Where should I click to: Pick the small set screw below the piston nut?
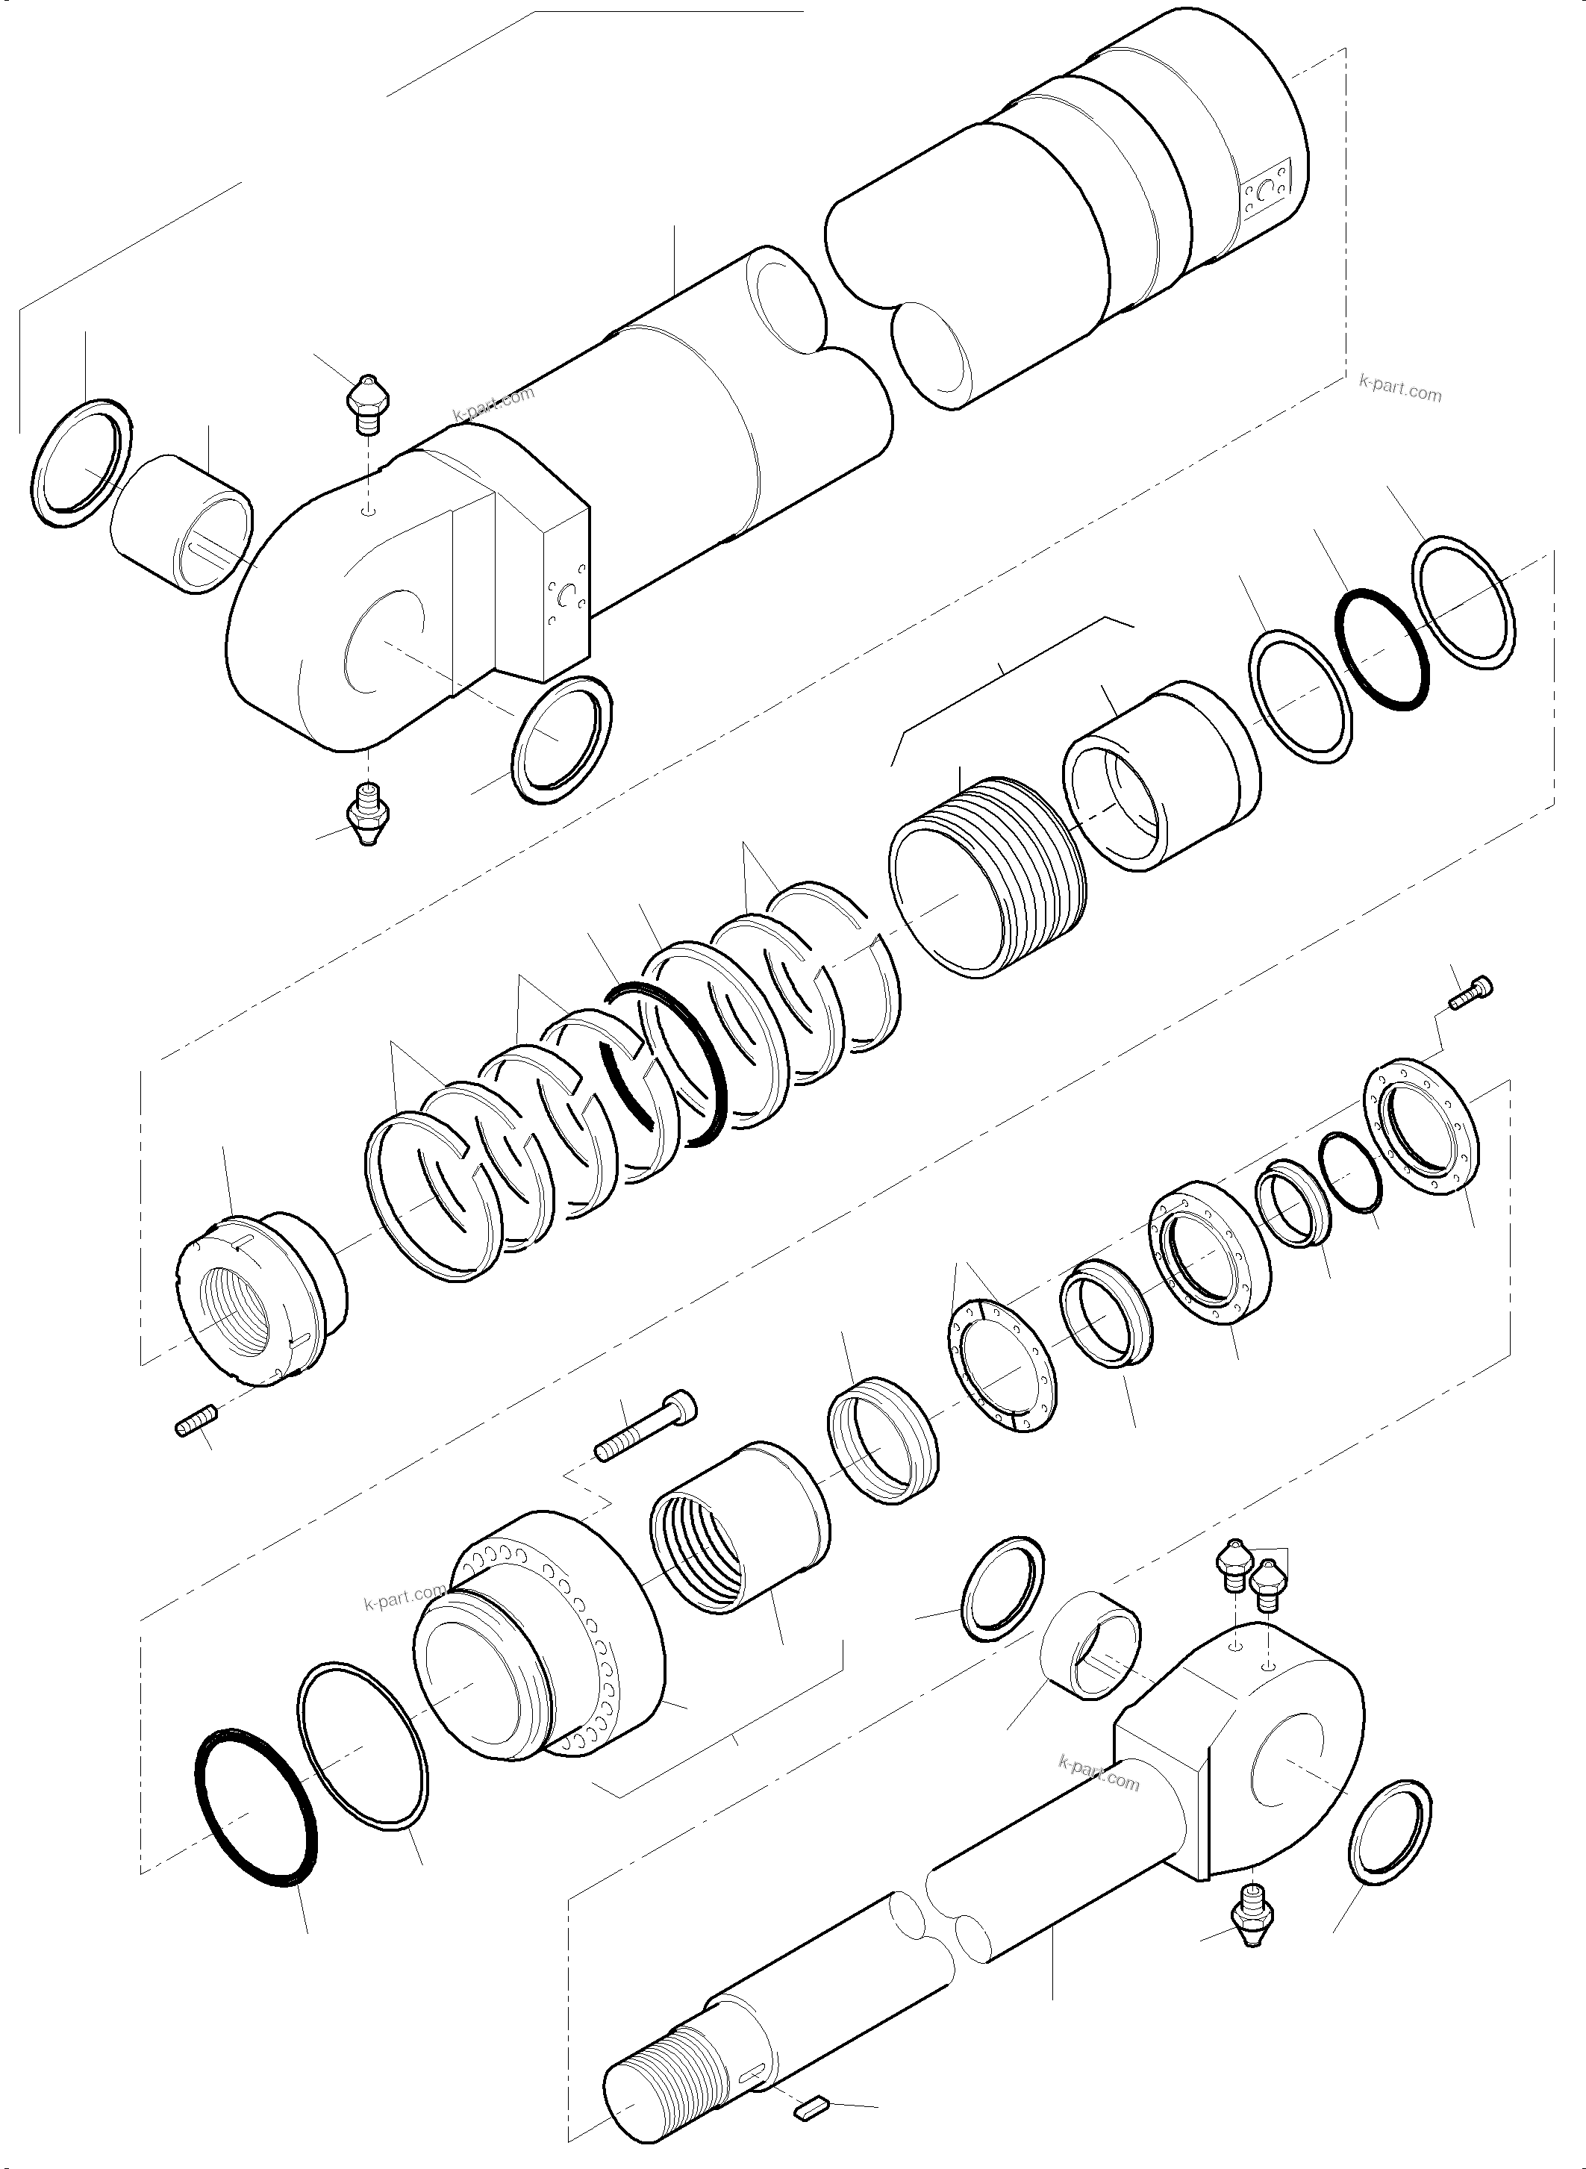[x=198, y=1422]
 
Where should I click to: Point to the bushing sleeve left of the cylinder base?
[x=182, y=523]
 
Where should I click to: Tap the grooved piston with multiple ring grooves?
[x=989, y=875]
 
